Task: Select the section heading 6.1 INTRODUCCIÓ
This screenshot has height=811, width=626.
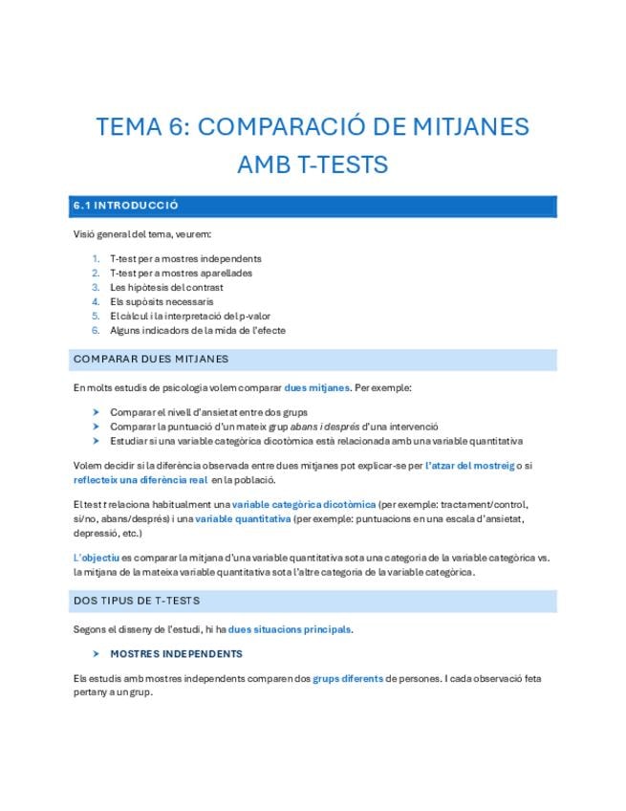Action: click(125, 206)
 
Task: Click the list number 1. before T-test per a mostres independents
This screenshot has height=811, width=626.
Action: click(96, 258)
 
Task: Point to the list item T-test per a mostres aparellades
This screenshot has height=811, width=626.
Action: click(181, 273)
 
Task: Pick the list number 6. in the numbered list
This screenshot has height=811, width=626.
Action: click(96, 330)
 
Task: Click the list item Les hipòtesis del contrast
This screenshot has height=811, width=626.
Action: click(166, 287)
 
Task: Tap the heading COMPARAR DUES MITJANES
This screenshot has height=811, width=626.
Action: click(150, 360)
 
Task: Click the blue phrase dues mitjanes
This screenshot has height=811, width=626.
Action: click(316, 388)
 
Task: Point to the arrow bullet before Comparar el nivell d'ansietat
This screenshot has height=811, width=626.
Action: click(96, 412)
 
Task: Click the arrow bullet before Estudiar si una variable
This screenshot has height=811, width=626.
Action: click(96, 441)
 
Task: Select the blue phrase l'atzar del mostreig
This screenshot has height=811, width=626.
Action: click(470, 465)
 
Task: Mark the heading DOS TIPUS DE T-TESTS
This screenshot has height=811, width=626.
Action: click(137, 601)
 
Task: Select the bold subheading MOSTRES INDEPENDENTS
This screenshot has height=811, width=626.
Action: click(177, 654)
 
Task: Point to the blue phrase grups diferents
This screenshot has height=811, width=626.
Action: click(348, 678)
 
